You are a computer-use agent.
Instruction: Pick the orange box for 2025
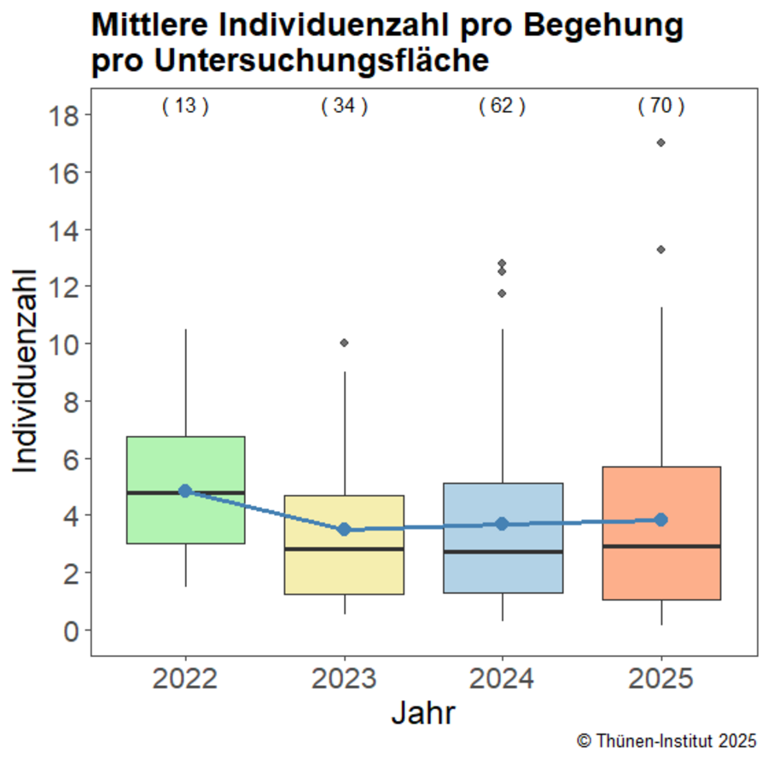point(661,572)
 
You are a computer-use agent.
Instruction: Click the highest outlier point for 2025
point(661,142)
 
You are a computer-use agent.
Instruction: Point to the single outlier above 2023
point(344,343)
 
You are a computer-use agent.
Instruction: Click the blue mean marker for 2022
point(185,491)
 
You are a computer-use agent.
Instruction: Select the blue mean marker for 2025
point(661,520)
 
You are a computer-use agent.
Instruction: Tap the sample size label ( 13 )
point(185,107)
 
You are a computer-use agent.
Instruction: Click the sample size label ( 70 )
point(661,107)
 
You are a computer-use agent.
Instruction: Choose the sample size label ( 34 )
point(344,107)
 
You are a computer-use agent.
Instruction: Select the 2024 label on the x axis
point(502,680)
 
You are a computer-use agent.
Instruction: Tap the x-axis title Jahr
point(423,713)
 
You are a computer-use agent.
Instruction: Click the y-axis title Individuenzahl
point(27,372)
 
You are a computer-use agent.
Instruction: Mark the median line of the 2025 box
point(661,546)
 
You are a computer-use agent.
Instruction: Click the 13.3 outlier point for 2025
point(661,249)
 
